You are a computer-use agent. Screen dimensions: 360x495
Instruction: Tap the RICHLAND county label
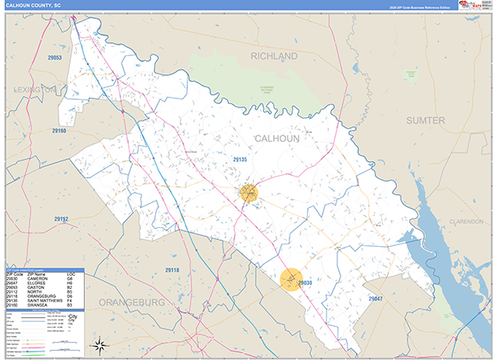[x=274, y=56]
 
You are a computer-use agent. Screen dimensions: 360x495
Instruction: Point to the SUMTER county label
[x=426, y=121]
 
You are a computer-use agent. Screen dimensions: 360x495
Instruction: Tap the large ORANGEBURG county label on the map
[x=133, y=302]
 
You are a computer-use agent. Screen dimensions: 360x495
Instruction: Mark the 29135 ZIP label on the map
[x=240, y=159]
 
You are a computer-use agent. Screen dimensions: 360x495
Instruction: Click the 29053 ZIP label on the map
[x=55, y=58]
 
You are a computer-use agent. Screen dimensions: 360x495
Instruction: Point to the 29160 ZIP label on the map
[x=57, y=130]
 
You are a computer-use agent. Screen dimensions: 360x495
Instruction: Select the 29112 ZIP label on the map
[x=62, y=219]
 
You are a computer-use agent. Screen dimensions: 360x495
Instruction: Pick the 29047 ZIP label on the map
[x=375, y=297]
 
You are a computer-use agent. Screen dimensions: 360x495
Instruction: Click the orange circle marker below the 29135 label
[x=249, y=193]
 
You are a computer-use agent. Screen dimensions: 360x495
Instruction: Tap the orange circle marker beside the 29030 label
[x=291, y=281]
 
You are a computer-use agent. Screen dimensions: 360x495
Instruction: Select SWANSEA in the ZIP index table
[x=38, y=305]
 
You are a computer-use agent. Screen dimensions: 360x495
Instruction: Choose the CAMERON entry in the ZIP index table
[x=39, y=277]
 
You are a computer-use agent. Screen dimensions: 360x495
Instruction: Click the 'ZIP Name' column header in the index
[x=36, y=273]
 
